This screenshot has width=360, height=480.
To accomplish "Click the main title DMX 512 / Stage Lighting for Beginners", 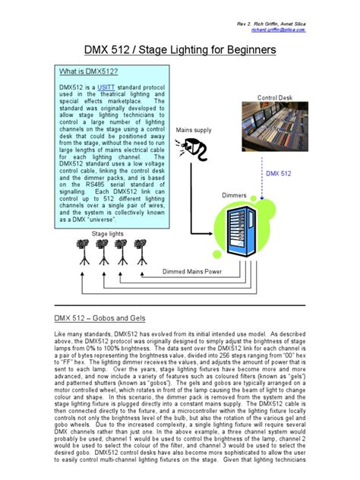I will [x=179, y=50].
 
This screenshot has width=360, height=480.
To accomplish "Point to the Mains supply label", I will [x=194, y=131].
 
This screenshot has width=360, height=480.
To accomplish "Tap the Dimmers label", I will [x=234, y=196].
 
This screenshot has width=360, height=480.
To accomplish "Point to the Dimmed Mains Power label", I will [x=192, y=271].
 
